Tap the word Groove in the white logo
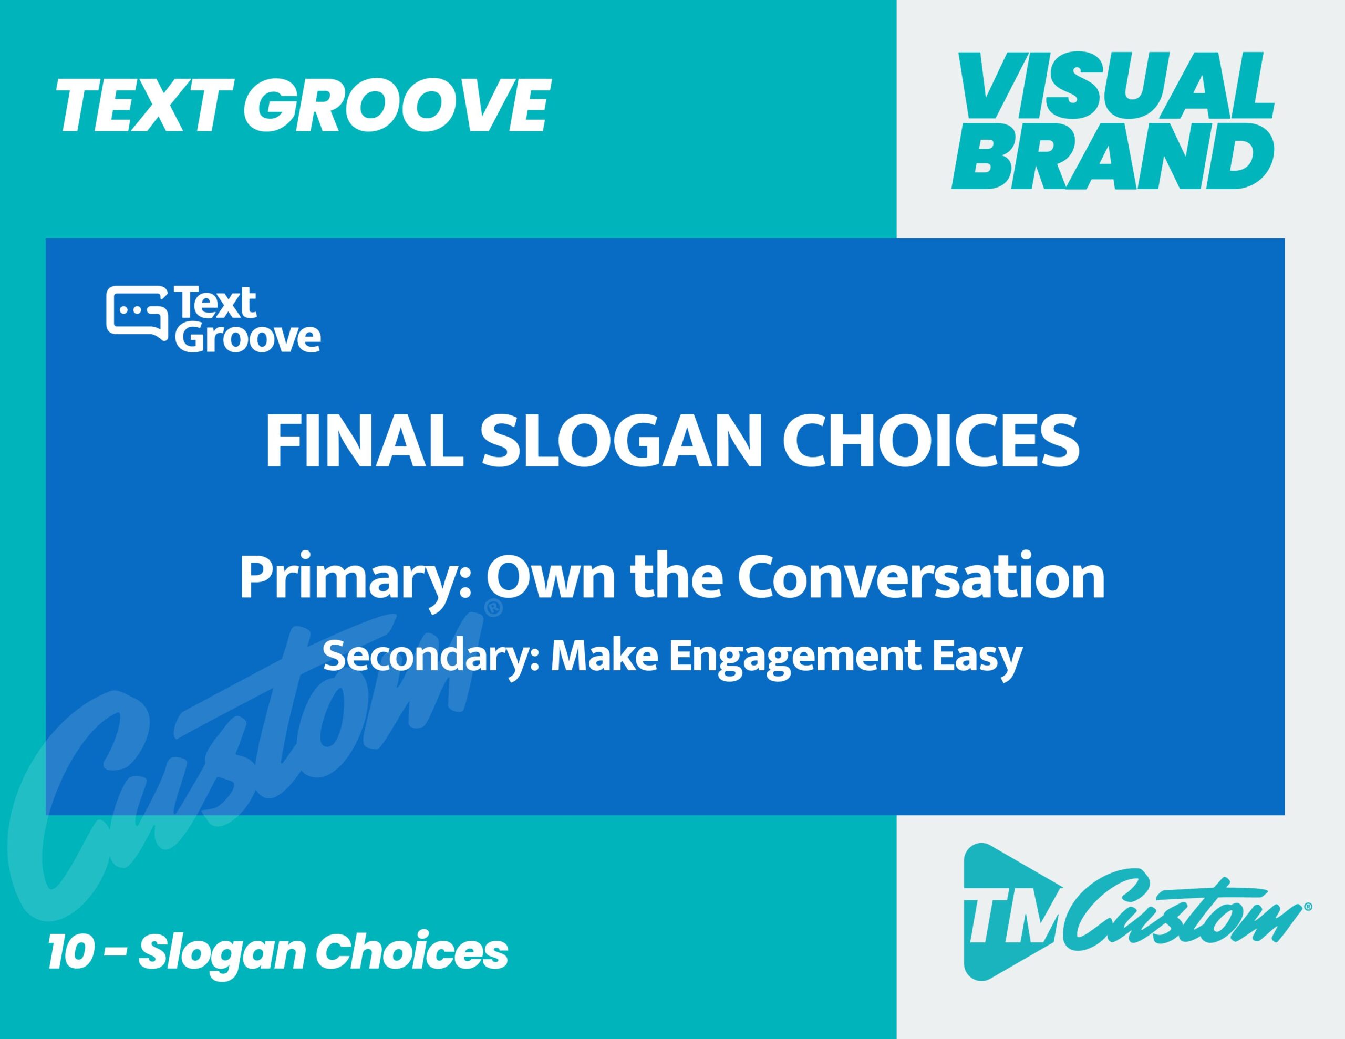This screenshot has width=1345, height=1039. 248,336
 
